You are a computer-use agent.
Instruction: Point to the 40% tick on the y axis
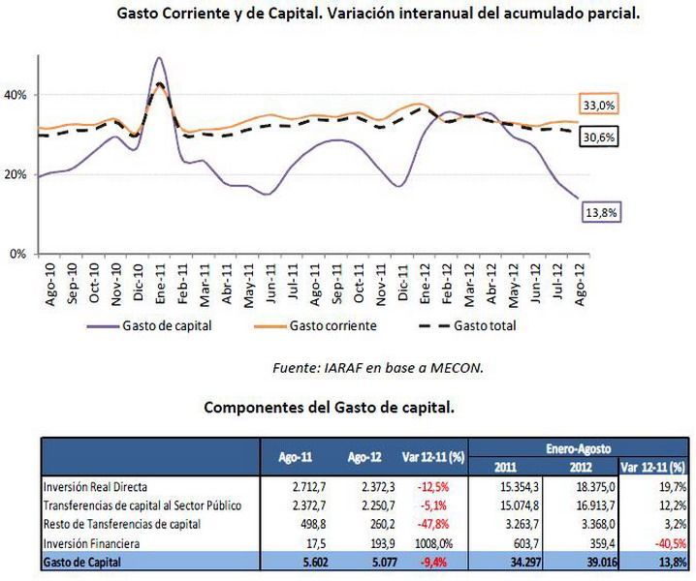coord(18,95)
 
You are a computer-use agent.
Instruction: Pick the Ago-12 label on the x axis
coord(579,282)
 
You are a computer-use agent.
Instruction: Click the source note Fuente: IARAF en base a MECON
coord(378,367)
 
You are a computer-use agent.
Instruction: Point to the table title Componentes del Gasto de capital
coord(329,408)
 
